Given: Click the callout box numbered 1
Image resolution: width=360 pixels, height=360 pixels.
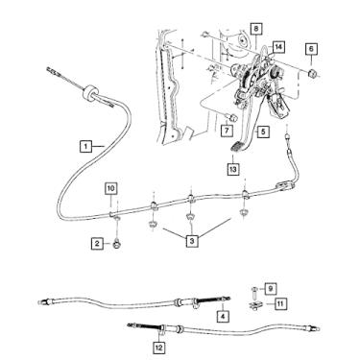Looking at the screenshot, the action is pos(85,147).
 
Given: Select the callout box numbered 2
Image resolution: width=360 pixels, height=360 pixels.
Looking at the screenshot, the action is pos(97,244).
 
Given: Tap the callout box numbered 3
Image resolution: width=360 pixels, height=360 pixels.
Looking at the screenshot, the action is pos(192,241).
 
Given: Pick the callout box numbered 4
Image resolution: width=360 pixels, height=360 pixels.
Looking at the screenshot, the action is pos(223,317).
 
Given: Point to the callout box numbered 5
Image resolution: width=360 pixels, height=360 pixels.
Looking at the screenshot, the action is pos(263,132).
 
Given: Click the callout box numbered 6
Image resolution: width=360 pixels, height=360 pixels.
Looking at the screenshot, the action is pos(311,49).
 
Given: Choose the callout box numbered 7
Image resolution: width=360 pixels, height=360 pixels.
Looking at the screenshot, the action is pos(227,131).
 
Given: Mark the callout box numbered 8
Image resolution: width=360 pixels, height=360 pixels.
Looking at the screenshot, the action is pos(256,29).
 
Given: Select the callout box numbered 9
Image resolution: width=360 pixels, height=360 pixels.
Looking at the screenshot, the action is pos(271,289).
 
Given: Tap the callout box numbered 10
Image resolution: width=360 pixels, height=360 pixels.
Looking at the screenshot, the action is pos(110,188).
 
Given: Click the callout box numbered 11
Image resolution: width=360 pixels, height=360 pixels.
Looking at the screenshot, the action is pos(280,303).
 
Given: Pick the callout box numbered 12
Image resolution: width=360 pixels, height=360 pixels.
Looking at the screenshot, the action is pos(159,348).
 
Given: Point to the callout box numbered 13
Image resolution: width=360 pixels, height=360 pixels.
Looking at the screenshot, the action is pos(233,169).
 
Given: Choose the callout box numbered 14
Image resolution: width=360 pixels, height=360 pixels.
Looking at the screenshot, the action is pos(278,47).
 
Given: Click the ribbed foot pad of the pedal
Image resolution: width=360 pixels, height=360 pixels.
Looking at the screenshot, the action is pos(237,147).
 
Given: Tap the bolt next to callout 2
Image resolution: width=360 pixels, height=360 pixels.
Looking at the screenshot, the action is pos(116,245).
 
